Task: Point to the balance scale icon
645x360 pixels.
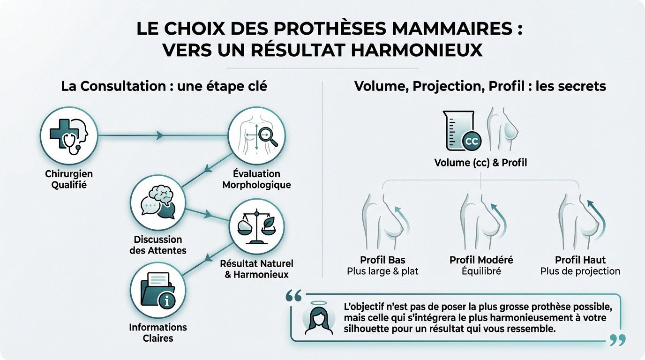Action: point(255,228)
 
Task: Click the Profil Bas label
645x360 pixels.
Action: point(382,260)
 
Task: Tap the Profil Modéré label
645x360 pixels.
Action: point(481,260)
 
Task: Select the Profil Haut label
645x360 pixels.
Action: point(580,260)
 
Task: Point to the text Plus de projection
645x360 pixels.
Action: point(580,271)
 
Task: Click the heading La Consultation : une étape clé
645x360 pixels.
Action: point(164,86)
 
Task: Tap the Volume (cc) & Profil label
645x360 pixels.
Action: point(480,163)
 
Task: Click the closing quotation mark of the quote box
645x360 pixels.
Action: point(618,340)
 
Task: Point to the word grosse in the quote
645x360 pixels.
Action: point(486,307)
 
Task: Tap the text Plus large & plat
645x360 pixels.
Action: point(382,271)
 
